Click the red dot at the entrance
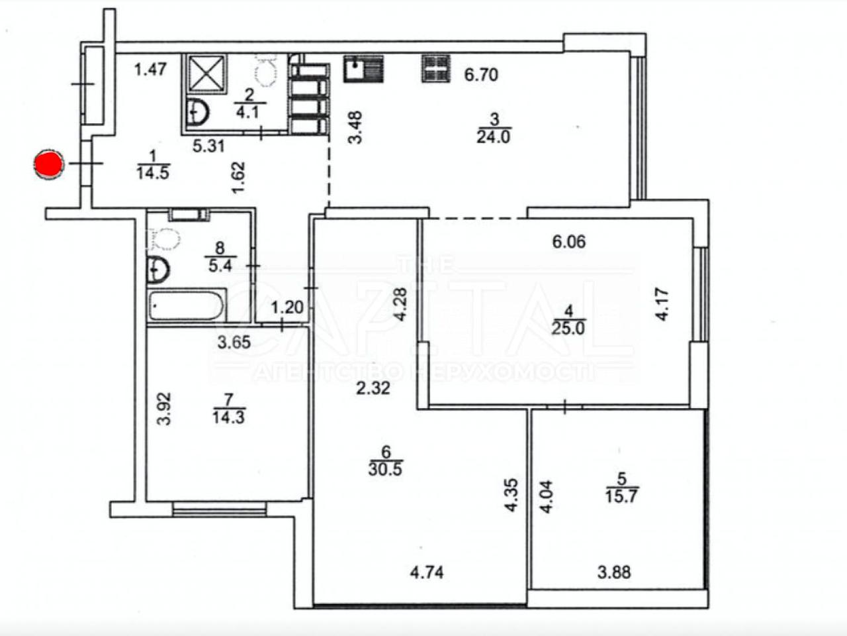coord(48,164)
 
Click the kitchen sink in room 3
coord(363,69)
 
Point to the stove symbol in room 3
coord(436,69)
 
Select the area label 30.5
coord(386,470)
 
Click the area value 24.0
coord(494,136)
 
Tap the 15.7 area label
coord(621,496)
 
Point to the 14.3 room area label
coord(228,417)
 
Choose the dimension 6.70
coord(481,74)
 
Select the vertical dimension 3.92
coord(164,409)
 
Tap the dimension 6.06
coord(569,242)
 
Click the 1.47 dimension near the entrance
coord(150,70)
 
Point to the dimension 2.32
coord(373,388)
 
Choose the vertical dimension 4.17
coord(662,304)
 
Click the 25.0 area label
coord(568,328)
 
